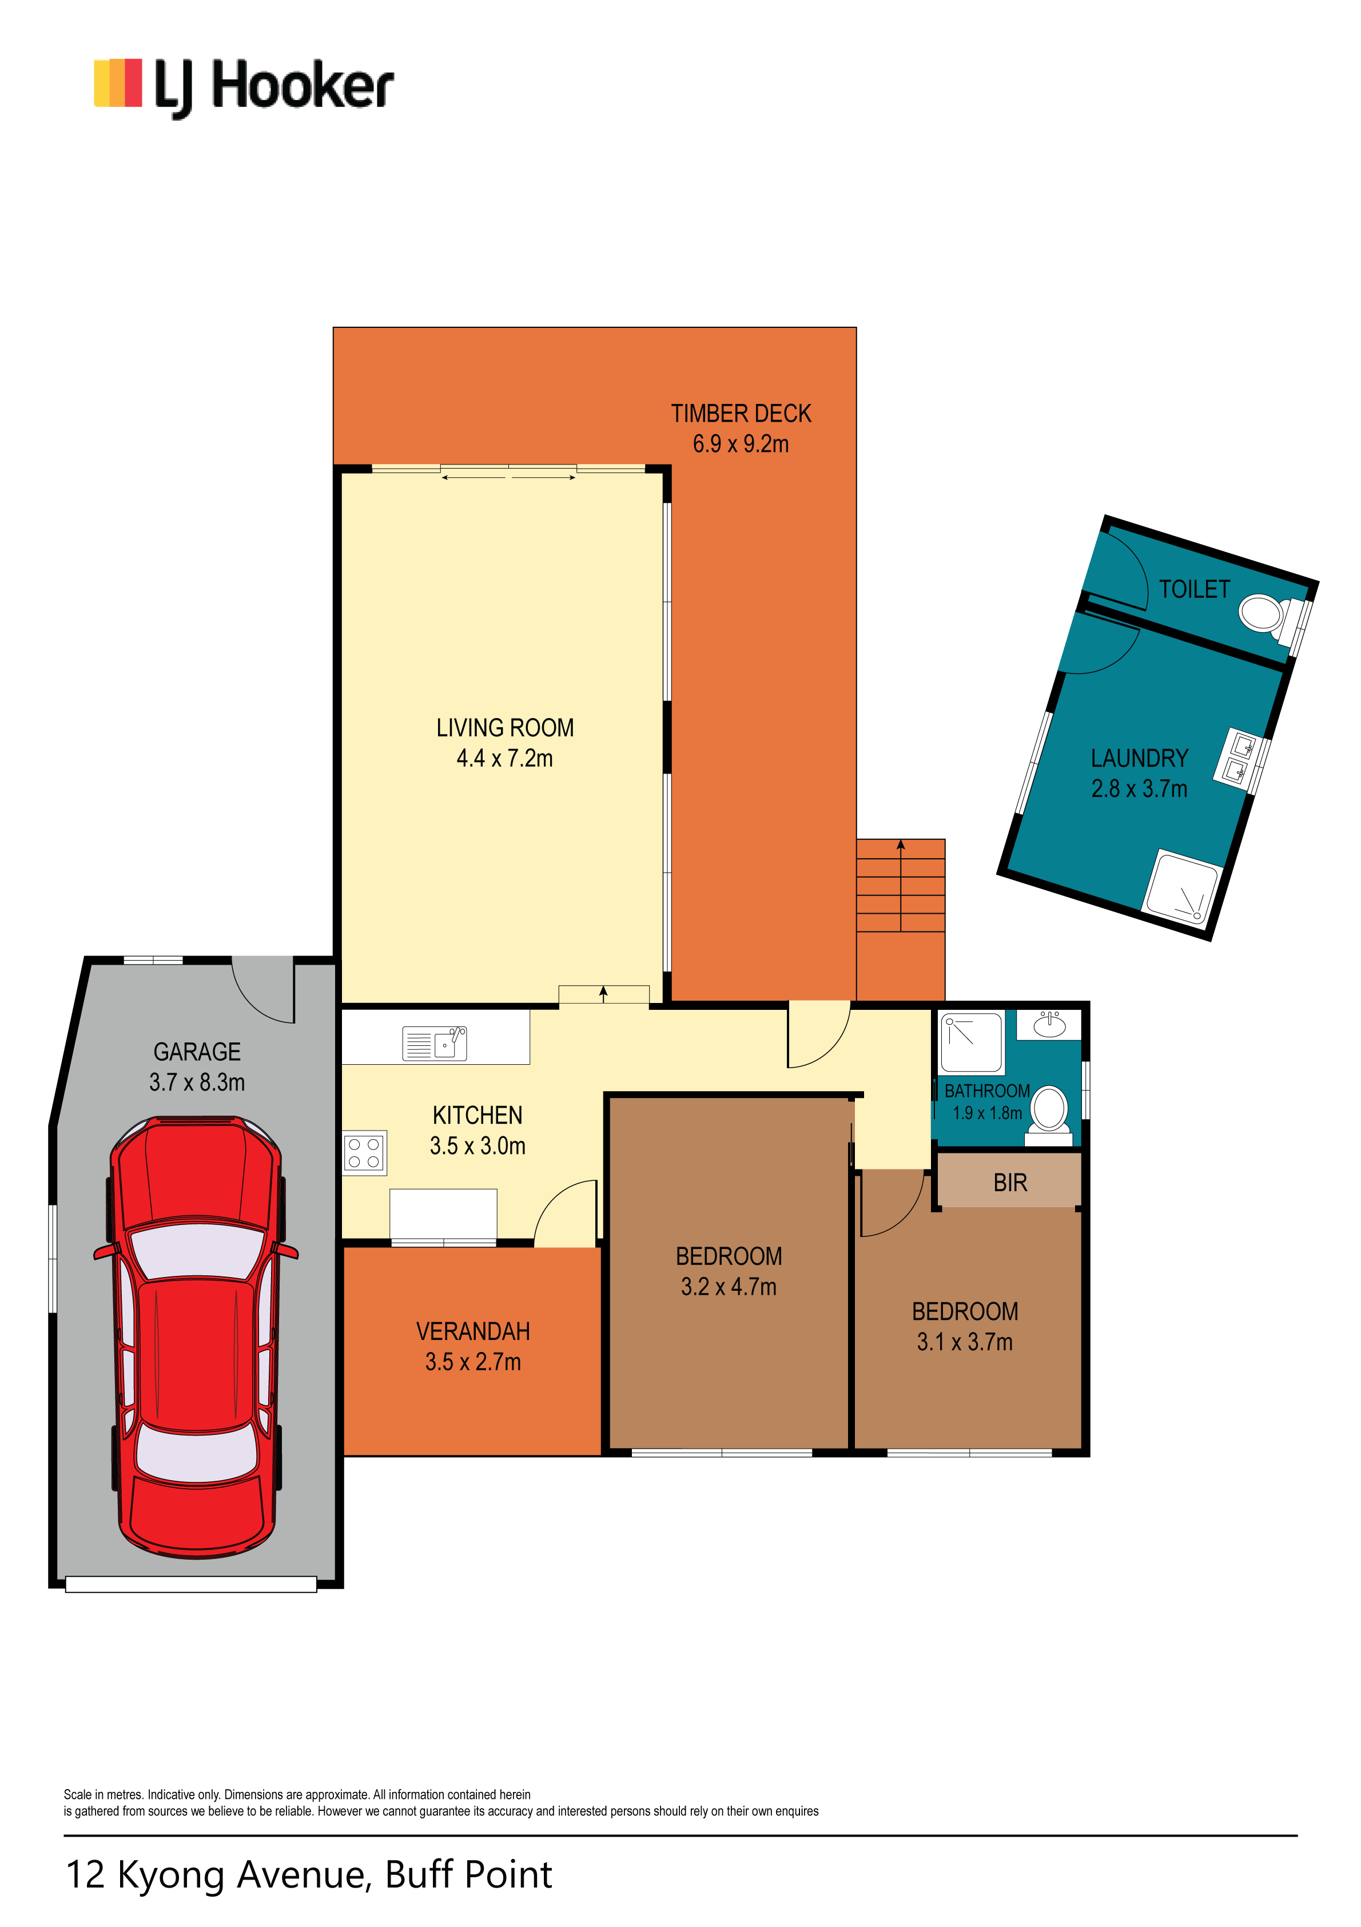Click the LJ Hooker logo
244,88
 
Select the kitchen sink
434,1044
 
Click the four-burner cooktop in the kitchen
364,1152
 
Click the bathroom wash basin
1049,1025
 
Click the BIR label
1010,1183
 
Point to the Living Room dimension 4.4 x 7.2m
504,759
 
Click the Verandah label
473,1332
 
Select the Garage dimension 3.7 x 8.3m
197,1083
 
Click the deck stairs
900,886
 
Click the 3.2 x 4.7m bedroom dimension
729,1287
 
